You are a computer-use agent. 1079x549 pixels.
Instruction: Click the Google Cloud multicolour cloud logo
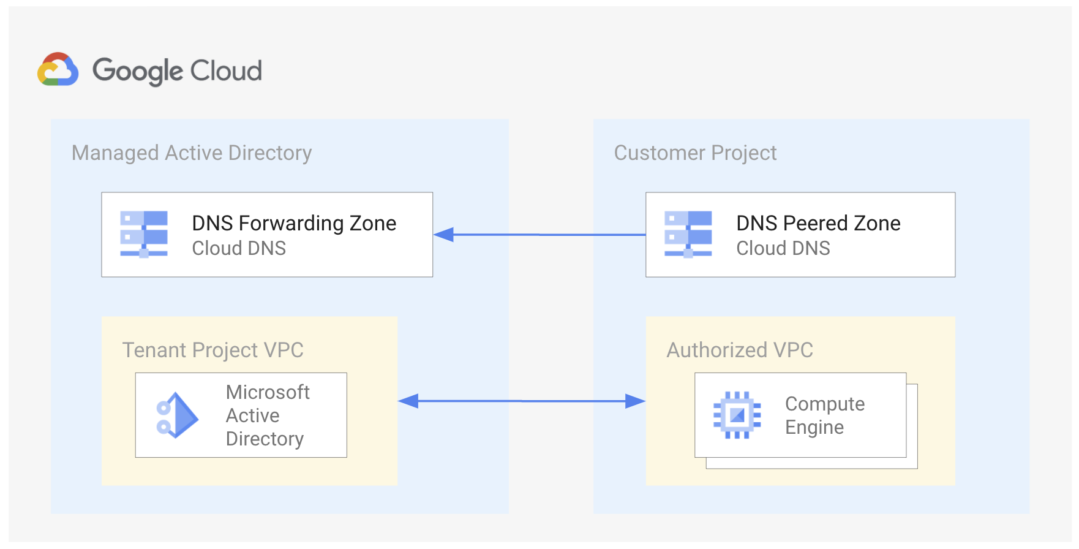58,69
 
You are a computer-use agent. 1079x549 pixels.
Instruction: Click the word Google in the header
138,71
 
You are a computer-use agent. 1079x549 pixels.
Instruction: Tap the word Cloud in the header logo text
226,71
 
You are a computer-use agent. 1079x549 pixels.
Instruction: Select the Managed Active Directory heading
192,153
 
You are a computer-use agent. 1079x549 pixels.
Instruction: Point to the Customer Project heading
695,153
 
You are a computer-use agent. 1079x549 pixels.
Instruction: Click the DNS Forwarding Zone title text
294,223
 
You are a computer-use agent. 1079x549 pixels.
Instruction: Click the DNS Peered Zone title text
818,223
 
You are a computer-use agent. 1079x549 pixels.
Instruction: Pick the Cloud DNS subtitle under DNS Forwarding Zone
239,248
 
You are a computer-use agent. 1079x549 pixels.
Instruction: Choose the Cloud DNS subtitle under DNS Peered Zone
783,248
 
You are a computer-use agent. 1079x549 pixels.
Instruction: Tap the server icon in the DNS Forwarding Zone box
144,234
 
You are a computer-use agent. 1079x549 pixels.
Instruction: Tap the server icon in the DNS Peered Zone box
688,234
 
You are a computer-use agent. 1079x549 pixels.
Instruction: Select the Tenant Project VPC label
212,350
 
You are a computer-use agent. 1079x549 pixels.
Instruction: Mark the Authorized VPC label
740,350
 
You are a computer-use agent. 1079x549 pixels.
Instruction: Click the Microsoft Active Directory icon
177,415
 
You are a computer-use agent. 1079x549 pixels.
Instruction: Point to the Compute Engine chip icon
737,415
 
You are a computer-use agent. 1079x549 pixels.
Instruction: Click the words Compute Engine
824,415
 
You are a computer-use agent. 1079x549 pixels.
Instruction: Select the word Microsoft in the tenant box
268,392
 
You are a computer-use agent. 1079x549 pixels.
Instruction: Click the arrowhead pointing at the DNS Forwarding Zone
443,235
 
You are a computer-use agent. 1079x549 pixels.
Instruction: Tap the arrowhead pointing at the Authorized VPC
635,401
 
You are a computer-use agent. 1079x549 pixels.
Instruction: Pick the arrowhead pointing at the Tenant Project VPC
408,401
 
